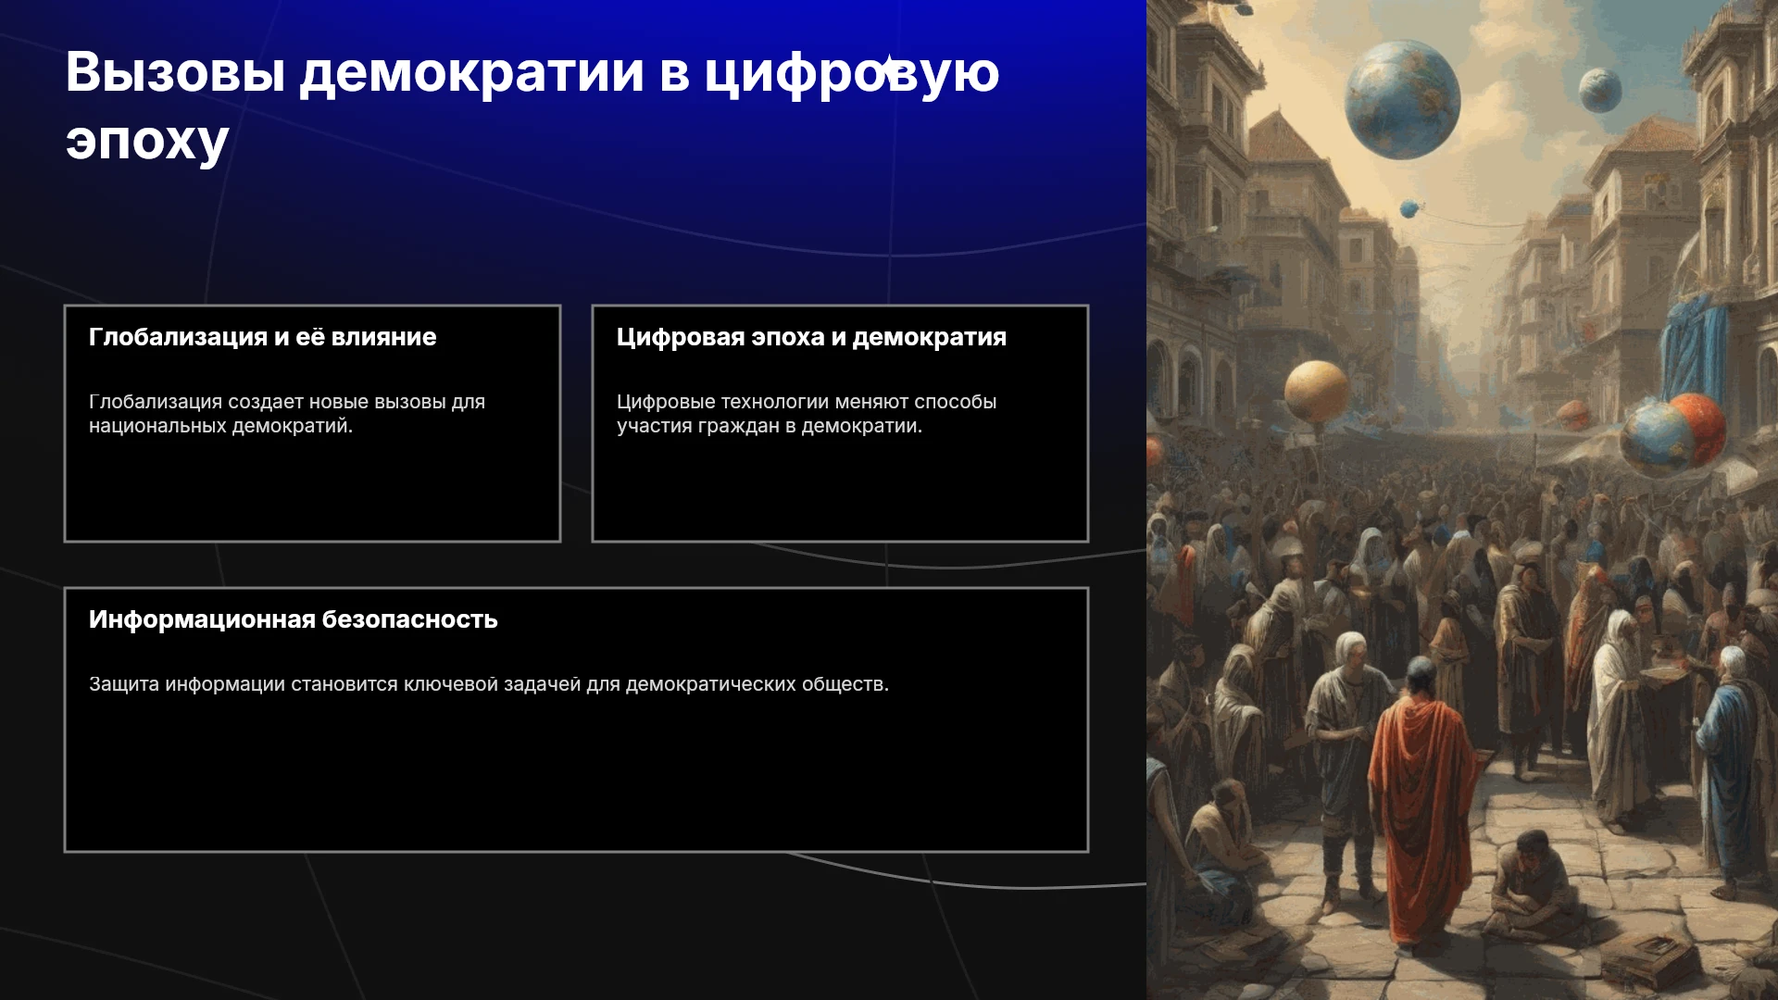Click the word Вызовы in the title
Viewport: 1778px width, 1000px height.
tap(175, 71)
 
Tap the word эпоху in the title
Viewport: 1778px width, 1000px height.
tap(147, 142)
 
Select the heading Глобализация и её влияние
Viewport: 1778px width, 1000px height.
tap(262, 337)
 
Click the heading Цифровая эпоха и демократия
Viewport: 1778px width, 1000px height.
tap(811, 337)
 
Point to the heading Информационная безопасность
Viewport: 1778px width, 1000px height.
tap(293, 619)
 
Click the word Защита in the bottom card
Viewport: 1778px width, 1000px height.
tap(124, 684)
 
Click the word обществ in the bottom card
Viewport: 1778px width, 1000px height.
tap(842, 684)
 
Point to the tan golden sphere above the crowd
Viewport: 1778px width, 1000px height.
tap(1316, 392)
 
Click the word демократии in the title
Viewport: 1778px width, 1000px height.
tap(471, 73)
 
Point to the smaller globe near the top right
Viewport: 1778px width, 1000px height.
tap(1600, 90)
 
